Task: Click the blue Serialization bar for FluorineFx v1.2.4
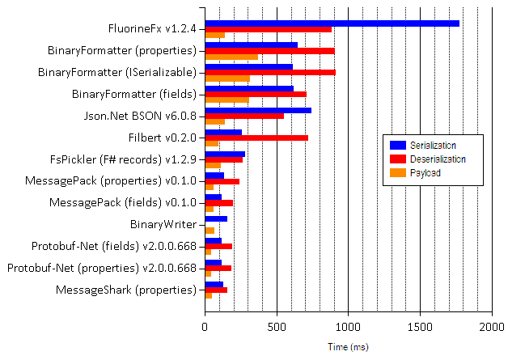coord(332,23)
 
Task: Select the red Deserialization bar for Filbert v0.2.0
coord(256,138)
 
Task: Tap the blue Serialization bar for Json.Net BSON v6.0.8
coord(258,110)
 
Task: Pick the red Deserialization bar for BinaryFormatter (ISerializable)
coord(270,72)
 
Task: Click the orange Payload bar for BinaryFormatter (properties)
coord(231,57)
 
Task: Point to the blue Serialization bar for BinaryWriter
coord(216,218)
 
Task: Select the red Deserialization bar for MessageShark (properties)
coord(216,290)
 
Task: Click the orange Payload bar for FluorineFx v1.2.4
coord(215,35)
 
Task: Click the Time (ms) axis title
coord(348,347)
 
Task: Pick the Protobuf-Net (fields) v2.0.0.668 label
coord(114,246)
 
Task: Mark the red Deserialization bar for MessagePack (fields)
coord(219,203)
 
